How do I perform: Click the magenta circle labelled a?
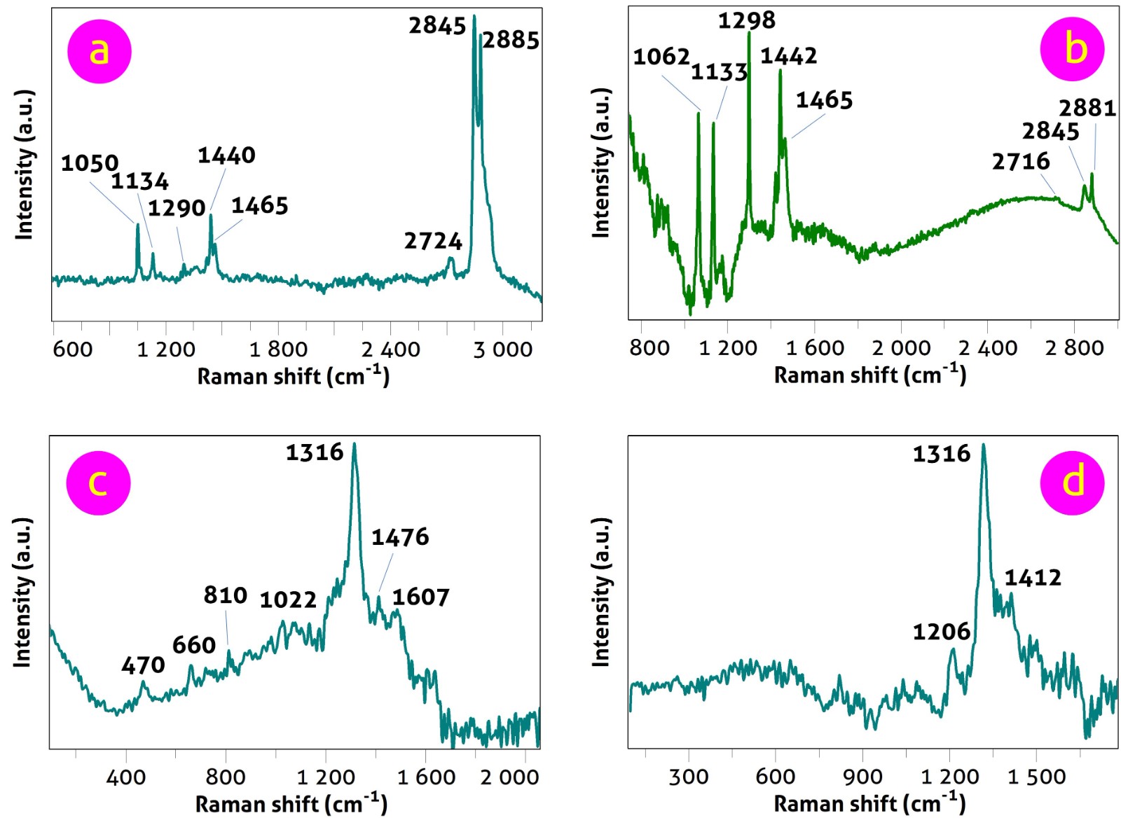(x=99, y=51)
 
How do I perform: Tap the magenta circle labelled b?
(x=1072, y=49)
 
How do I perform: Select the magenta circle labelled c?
(x=98, y=483)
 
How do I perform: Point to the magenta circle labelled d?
(x=1072, y=483)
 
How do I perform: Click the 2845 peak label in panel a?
(x=437, y=26)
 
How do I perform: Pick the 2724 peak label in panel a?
(x=433, y=242)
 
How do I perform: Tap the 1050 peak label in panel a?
(x=90, y=164)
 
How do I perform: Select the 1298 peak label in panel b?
(x=746, y=21)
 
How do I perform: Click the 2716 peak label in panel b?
(x=1021, y=162)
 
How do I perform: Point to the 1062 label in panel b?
(x=661, y=57)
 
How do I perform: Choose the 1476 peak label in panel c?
(x=400, y=537)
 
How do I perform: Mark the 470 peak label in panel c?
(x=143, y=665)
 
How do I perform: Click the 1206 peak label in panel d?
(x=941, y=632)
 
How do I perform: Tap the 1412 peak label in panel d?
(x=1033, y=578)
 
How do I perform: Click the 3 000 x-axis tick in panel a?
(x=503, y=349)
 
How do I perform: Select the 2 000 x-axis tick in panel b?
(x=901, y=347)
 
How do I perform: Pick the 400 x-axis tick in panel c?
(x=126, y=777)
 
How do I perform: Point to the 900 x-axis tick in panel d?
(x=862, y=776)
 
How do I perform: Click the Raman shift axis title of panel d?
(x=869, y=803)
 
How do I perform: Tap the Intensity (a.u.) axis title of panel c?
(x=23, y=592)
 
